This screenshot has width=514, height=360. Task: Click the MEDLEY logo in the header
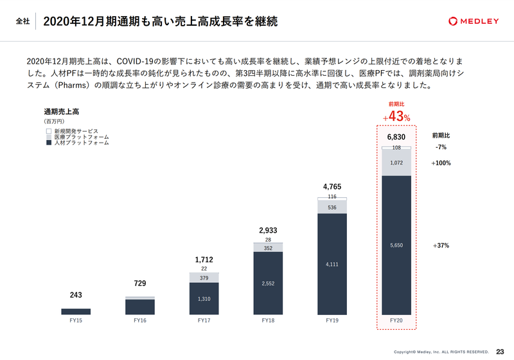(474, 21)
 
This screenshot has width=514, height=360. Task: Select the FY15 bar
(76, 312)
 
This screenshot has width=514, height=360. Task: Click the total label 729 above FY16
(139, 283)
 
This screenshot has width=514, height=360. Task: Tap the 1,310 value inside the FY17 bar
(204, 298)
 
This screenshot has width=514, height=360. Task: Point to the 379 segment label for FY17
(204, 278)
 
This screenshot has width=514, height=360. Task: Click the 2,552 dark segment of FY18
(268, 283)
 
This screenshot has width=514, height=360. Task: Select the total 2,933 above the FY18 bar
(268, 230)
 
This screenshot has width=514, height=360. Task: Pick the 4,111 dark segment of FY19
(332, 264)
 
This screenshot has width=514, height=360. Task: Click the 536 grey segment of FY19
(332, 208)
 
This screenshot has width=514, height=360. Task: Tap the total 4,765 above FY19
(332, 187)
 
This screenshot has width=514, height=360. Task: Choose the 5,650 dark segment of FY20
(396, 245)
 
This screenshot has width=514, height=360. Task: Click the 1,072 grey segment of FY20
(396, 163)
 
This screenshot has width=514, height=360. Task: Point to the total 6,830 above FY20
(396, 137)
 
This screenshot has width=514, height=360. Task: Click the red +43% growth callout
(396, 117)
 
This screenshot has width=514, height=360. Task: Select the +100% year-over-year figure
(441, 163)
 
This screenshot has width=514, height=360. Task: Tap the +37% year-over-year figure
(441, 246)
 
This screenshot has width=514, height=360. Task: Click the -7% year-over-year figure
(441, 147)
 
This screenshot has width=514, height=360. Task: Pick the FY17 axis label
(204, 320)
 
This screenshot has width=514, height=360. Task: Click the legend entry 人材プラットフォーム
(77, 143)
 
